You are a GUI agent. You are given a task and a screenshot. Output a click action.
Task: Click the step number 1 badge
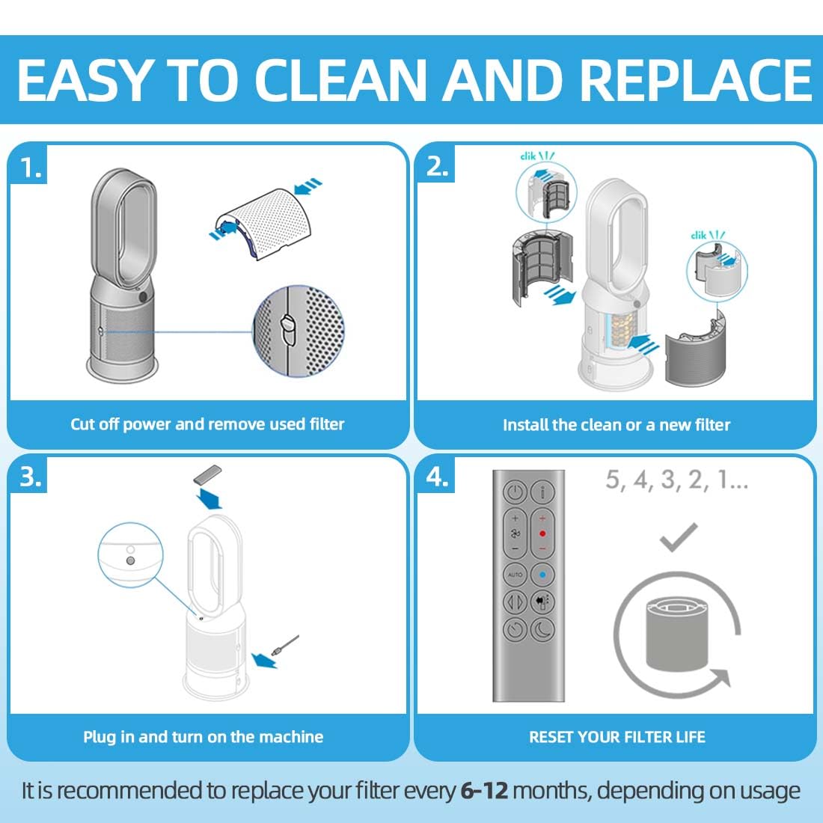(29, 167)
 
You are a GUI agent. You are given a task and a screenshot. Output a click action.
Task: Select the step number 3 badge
(29, 477)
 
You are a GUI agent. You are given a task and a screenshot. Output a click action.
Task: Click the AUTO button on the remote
(515, 574)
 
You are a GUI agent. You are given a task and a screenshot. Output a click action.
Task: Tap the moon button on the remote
(542, 628)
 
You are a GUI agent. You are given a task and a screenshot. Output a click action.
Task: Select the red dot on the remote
(542, 533)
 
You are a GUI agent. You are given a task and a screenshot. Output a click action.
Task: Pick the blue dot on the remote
(542, 574)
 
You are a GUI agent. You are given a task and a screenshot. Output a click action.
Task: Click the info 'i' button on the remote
(542, 492)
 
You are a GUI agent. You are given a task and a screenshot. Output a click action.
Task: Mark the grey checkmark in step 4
(678, 537)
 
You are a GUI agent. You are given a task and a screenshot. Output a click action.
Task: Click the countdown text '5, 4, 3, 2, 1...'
(676, 480)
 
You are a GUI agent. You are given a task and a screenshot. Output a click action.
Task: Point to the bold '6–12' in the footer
(484, 791)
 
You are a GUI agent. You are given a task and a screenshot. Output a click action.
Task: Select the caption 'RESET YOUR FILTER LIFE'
(617, 737)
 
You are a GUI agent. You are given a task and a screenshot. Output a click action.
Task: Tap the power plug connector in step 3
(284, 645)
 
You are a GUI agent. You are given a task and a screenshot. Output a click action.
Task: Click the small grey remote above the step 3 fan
(206, 475)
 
